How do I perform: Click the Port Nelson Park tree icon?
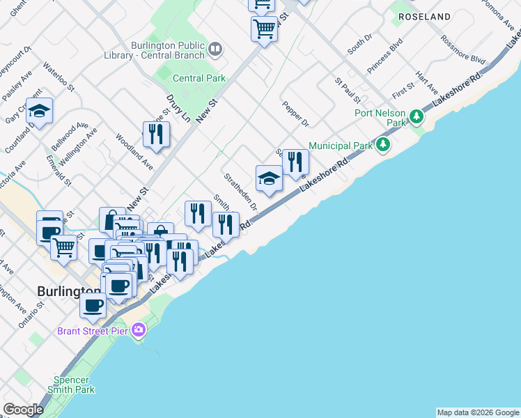417,116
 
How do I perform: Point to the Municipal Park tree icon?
382,145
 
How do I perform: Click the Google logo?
23,410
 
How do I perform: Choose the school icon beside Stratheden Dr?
269,178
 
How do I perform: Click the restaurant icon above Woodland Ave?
156,134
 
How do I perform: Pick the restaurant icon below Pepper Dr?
295,162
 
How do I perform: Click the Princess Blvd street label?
385,56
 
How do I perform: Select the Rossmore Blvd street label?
467,51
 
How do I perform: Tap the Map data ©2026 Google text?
478,412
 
